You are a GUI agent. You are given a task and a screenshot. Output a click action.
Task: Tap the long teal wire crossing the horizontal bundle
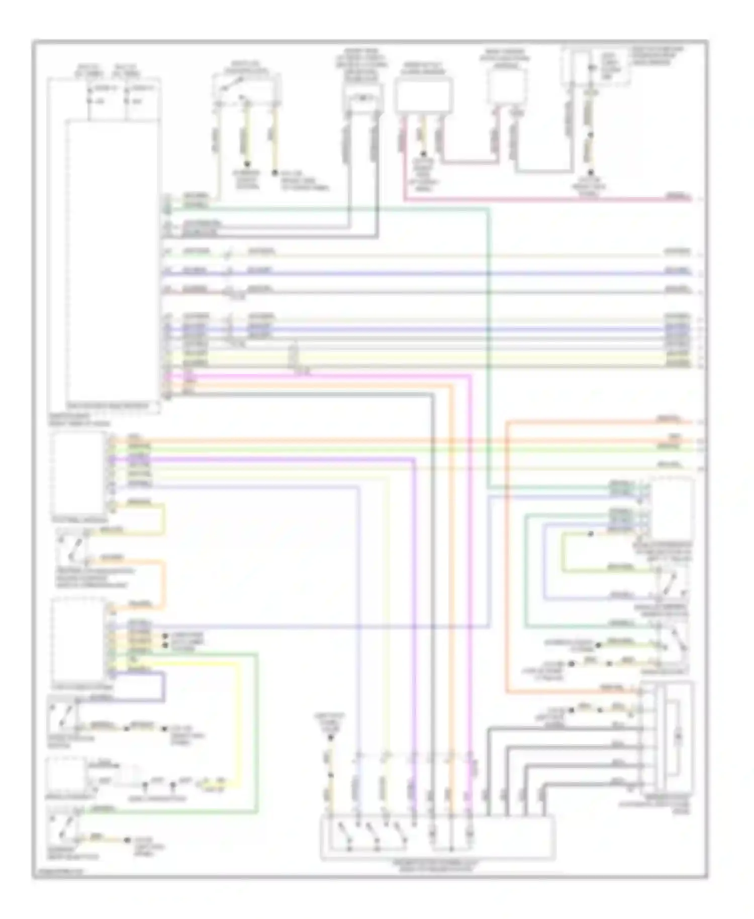point(488,352)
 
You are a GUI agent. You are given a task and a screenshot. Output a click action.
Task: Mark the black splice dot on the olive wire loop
point(591,534)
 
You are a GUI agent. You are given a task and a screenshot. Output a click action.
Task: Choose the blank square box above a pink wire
point(507,86)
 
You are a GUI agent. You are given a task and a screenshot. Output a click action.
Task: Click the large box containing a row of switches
point(437,836)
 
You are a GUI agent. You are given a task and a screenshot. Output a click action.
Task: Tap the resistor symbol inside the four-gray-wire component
point(679,738)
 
